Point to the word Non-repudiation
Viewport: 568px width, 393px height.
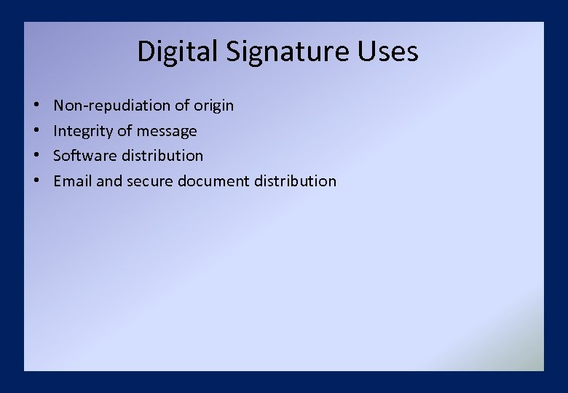click(111, 106)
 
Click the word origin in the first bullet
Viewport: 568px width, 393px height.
click(213, 106)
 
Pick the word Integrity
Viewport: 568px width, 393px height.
click(84, 131)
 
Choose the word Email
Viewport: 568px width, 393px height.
click(73, 180)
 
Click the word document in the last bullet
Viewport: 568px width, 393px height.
click(212, 180)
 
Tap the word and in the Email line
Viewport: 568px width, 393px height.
click(109, 180)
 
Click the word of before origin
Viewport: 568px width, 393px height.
click(182, 106)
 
